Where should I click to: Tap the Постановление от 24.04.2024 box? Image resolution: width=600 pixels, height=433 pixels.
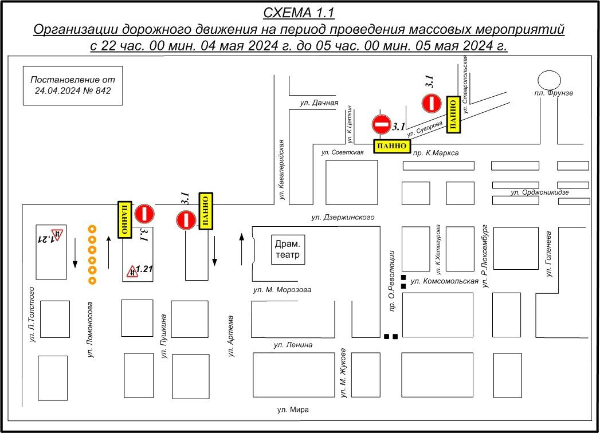pyautogui.click(x=73, y=85)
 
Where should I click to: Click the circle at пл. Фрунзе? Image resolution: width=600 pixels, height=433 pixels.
pyautogui.click(x=549, y=79)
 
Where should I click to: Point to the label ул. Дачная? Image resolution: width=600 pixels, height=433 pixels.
pyautogui.click(x=319, y=103)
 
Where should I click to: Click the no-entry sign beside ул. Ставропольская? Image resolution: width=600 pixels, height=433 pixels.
pyautogui.click(x=431, y=104)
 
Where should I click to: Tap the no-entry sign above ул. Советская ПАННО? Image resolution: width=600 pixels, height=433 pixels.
pyautogui.click(x=381, y=124)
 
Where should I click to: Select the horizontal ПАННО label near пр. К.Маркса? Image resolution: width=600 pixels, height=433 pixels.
pyautogui.click(x=392, y=147)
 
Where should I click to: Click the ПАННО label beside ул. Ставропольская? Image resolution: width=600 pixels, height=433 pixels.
pyautogui.click(x=452, y=115)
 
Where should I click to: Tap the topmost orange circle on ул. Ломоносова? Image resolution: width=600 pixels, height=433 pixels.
pyautogui.click(x=91, y=230)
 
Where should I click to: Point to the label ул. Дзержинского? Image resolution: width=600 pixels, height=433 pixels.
pyautogui.click(x=343, y=218)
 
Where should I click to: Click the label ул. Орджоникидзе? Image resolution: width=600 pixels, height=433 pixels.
pyautogui.click(x=539, y=193)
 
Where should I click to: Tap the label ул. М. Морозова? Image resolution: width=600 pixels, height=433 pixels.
pyautogui.click(x=283, y=290)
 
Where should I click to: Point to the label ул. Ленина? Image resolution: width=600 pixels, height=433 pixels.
pyautogui.click(x=293, y=345)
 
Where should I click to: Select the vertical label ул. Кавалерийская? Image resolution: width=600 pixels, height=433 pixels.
pyautogui.click(x=283, y=170)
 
